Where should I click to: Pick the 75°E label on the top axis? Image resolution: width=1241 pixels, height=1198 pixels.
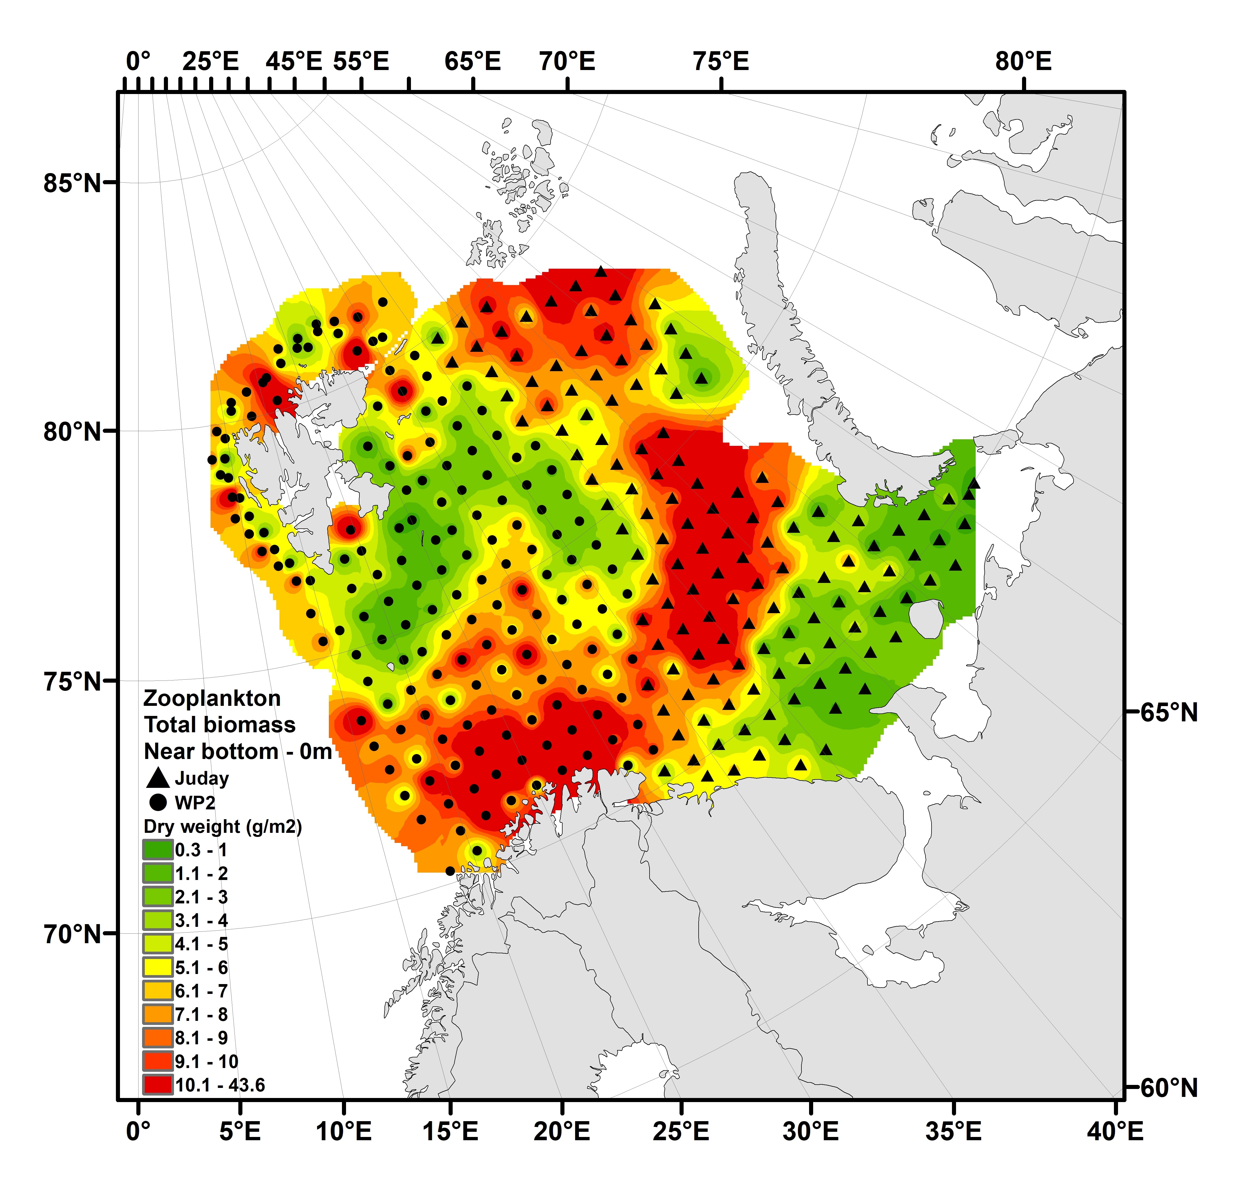tap(720, 61)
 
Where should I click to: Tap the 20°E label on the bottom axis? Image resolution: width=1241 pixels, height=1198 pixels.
tap(562, 1131)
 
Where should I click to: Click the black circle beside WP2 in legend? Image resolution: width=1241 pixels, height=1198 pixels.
tap(158, 803)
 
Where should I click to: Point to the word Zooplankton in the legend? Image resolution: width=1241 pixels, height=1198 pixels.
tap(212, 698)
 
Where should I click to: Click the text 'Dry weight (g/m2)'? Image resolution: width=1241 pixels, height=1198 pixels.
tap(223, 827)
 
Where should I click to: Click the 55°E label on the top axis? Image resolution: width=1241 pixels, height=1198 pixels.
tap(361, 61)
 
